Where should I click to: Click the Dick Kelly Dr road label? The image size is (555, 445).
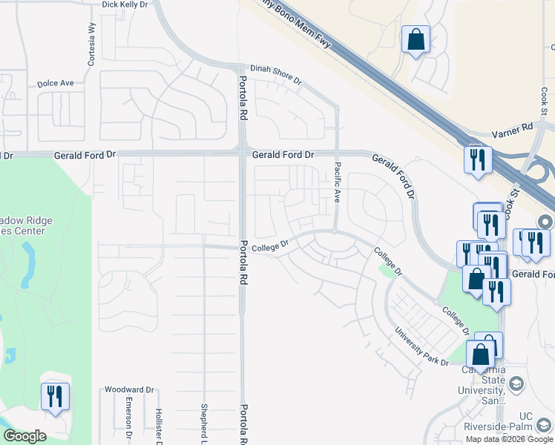coord(124,4)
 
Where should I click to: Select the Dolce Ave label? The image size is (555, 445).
coord(56,83)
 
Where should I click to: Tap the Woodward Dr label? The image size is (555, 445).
coord(128,389)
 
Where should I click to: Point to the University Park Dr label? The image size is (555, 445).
coord(421,346)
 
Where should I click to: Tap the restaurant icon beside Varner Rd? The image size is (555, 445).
coord(477,158)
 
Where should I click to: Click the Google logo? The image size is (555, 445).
coord(24,436)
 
